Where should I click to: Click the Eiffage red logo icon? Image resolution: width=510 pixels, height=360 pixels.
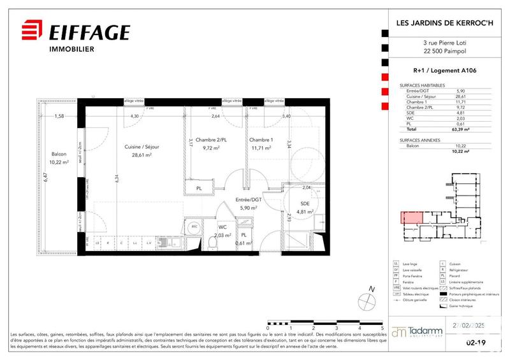32,32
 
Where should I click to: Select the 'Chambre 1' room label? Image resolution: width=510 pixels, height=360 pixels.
261,140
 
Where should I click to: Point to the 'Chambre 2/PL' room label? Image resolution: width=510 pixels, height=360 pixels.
212,140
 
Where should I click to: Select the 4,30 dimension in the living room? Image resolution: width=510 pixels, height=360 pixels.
135,117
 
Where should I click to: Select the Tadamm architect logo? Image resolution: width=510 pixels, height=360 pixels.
418,332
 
